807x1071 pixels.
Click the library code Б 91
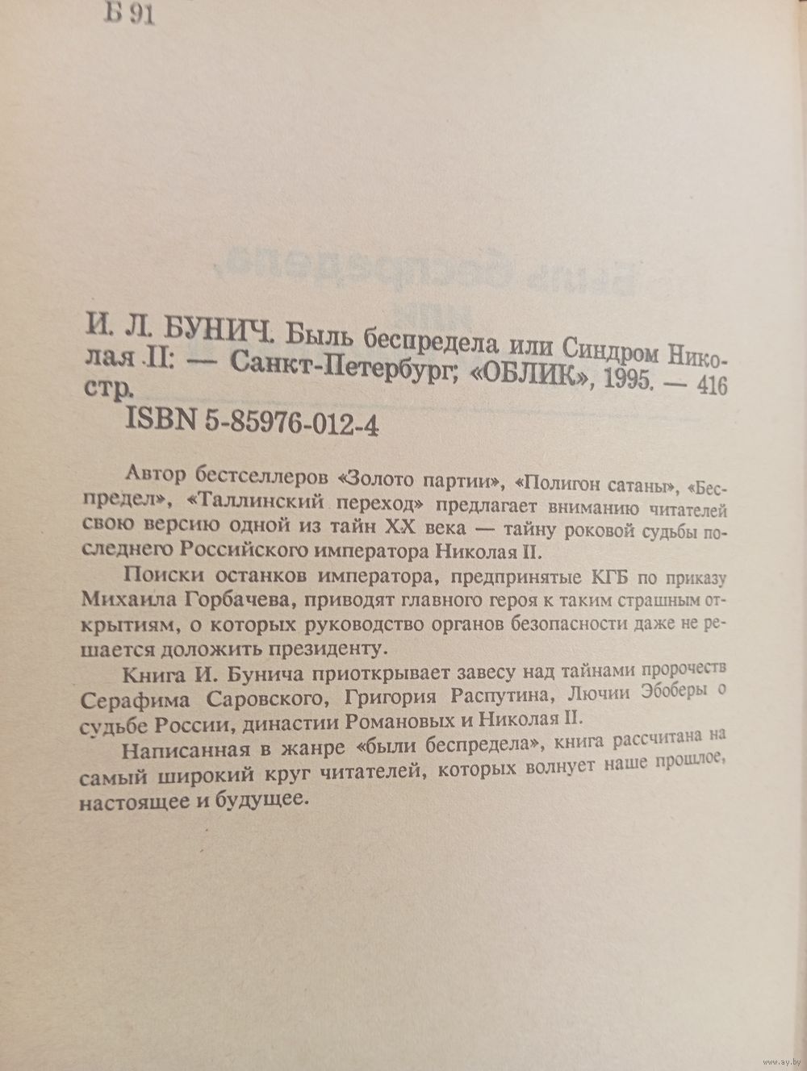point(129,16)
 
